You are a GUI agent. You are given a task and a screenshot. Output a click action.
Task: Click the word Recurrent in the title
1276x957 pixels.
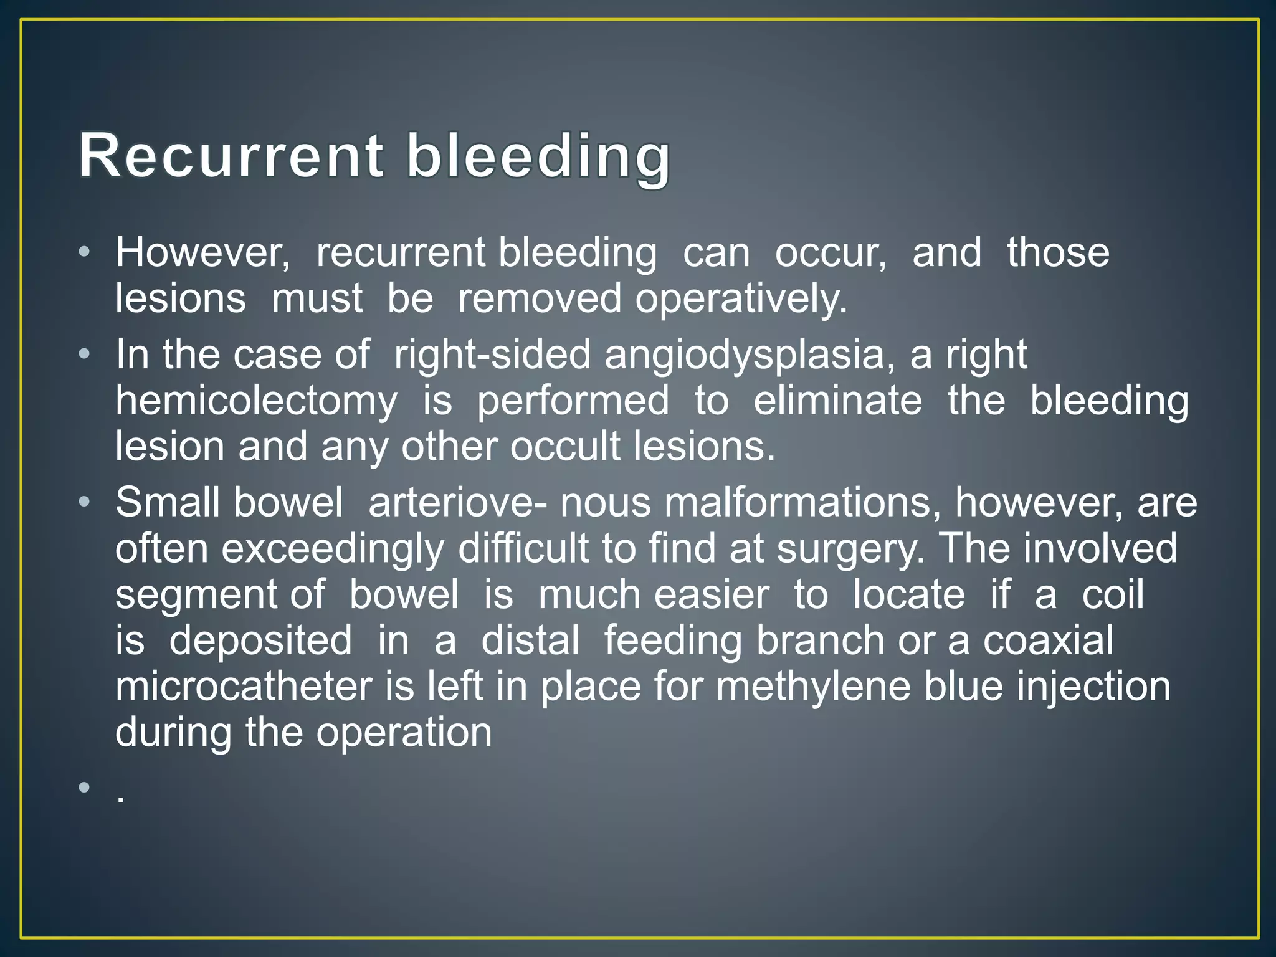pyautogui.click(x=231, y=156)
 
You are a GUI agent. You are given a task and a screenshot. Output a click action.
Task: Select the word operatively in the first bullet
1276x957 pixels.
pyautogui.click(x=741, y=299)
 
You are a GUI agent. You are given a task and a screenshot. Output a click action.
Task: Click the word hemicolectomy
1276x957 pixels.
pyautogui.click(x=256, y=401)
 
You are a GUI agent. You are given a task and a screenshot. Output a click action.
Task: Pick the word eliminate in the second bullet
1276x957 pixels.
pyautogui.click(x=837, y=401)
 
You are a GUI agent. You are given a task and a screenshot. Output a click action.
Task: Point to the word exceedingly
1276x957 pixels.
pyautogui.click(x=333, y=549)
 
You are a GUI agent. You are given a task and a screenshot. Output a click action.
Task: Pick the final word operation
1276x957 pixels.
pyautogui.click(x=404, y=733)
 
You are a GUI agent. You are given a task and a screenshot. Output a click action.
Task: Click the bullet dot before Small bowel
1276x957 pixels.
pyautogui.click(x=85, y=503)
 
